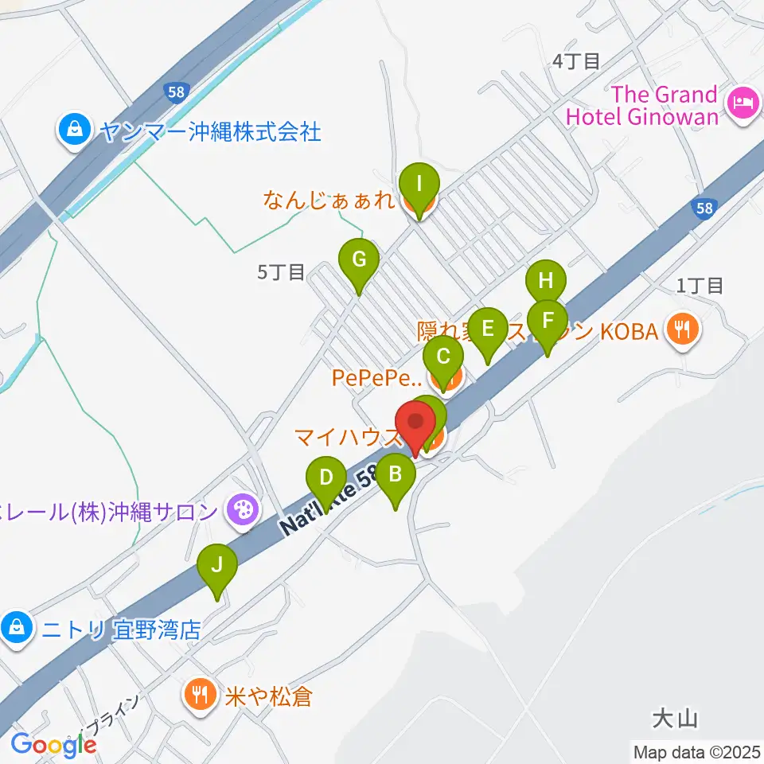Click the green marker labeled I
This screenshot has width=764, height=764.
(419, 186)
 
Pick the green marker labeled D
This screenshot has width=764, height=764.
(325, 478)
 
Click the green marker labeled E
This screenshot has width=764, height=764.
(487, 329)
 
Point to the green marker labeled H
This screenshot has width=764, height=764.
(546, 282)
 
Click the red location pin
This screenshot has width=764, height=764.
(415, 423)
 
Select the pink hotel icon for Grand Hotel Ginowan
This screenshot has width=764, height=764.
(742, 102)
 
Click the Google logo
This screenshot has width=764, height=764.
(53, 744)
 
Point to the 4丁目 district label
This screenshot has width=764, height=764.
(575, 61)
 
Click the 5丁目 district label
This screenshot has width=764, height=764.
(280, 273)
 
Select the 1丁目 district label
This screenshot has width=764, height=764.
(700, 286)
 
